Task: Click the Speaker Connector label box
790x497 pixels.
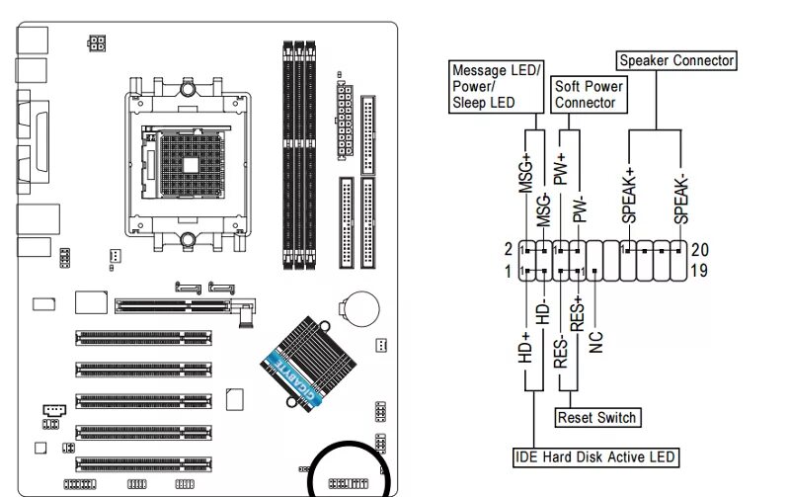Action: pos(676,61)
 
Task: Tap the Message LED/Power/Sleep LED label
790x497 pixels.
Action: pos(496,86)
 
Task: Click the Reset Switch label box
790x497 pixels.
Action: pos(596,418)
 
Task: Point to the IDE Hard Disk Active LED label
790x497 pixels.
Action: pos(596,457)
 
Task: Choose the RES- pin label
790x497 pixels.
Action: pos(560,351)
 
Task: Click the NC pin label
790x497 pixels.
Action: pos(595,341)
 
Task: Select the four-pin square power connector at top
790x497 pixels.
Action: pos(96,44)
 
